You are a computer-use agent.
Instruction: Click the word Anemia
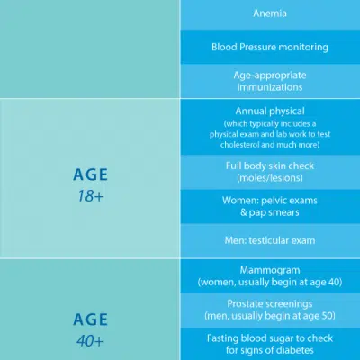coord(270,13)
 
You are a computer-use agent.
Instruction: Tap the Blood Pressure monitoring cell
coord(270,47)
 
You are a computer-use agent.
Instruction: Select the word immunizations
coord(270,87)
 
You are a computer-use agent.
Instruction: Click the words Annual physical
coord(270,111)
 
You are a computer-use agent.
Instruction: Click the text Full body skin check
coord(270,166)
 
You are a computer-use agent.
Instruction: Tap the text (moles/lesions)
coord(270,178)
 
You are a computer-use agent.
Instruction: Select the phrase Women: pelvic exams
coord(270,201)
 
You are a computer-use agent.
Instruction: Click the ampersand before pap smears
coord(244,212)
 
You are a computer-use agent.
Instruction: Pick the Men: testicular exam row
coord(270,240)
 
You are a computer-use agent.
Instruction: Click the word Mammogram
coord(270,270)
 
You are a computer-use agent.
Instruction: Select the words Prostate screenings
coord(270,304)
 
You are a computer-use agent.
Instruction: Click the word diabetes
coord(294,350)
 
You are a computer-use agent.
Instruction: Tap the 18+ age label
coord(91,196)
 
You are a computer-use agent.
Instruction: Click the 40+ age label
coord(90,341)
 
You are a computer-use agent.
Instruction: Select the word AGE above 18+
coord(90,175)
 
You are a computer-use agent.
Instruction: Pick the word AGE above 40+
coord(90,319)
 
